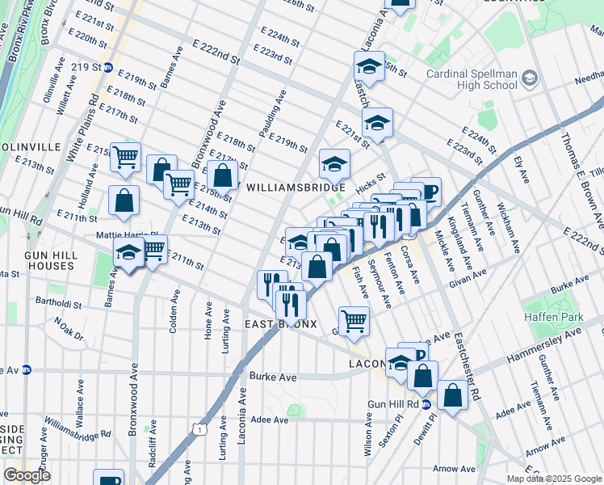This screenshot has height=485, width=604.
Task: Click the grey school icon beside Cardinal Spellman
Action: click(530, 78)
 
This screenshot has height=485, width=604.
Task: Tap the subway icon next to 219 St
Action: click(107, 67)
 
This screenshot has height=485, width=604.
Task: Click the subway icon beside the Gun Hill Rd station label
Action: click(426, 403)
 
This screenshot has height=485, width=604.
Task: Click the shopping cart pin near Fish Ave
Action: click(354, 321)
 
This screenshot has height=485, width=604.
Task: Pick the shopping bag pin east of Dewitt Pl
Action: click(453, 396)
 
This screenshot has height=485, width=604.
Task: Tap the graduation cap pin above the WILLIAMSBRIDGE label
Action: click(333, 164)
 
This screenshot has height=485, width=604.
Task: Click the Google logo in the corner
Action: click(27, 474)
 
